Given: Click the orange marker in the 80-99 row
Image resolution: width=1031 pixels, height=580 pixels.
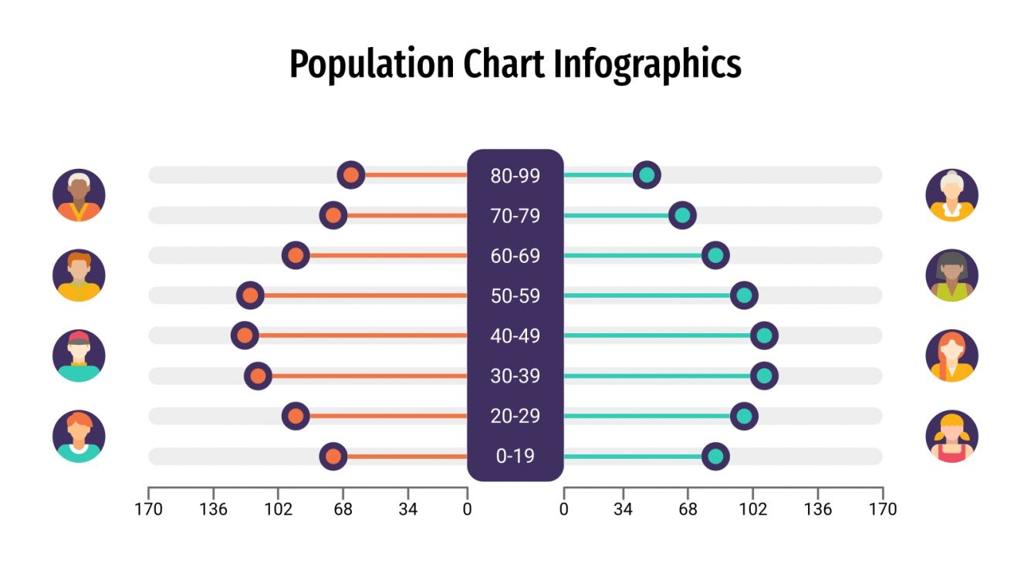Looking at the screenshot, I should (x=351, y=175).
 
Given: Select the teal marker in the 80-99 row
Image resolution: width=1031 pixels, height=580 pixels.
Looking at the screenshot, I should (x=647, y=175).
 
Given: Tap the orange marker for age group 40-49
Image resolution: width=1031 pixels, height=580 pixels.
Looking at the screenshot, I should (x=245, y=336).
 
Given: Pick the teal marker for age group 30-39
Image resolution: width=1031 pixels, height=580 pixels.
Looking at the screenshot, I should (x=764, y=376).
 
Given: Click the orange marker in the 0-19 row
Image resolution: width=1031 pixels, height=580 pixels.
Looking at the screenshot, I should (x=333, y=456).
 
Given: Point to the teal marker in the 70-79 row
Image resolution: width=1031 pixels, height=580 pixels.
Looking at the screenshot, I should (x=682, y=215).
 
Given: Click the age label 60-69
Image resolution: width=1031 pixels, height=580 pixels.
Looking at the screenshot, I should (x=515, y=256).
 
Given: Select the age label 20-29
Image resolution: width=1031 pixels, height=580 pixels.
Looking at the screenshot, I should (x=515, y=416).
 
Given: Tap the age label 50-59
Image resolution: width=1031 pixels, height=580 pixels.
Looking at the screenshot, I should (x=515, y=296).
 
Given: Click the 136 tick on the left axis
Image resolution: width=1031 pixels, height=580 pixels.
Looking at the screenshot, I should (x=213, y=509).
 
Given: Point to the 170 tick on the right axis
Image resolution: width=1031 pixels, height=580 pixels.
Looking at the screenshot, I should (x=882, y=509).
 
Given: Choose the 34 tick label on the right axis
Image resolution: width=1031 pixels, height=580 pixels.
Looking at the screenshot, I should (x=624, y=509).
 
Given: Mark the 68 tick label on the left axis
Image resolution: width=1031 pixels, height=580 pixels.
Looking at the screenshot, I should (x=343, y=509).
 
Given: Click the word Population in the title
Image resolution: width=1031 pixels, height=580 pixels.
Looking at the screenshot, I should (x=371, y=65).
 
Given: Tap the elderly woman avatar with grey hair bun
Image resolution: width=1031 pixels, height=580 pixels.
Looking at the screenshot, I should (x=952, y=195).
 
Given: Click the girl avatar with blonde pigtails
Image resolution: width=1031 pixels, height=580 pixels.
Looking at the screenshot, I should (x=952, y=437).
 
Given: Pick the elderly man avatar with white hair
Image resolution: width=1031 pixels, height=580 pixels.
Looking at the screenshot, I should (x=79, y=195).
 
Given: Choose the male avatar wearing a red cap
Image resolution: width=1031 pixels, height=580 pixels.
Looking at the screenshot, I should (x=79, y=356).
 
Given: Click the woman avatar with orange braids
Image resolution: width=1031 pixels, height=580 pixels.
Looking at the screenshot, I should (x=952, y=356).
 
